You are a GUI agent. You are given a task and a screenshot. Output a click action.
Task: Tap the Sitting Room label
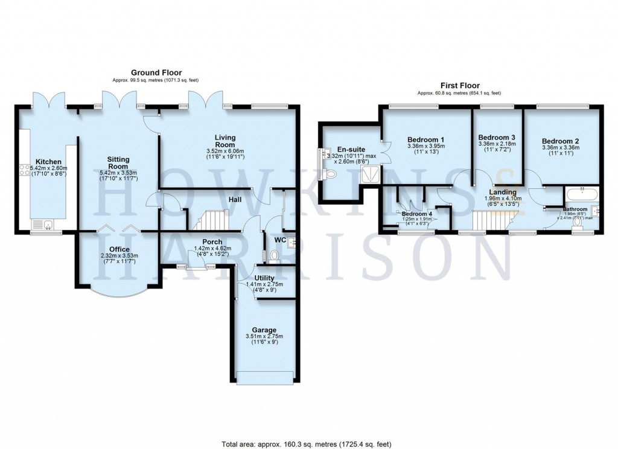(118, 162)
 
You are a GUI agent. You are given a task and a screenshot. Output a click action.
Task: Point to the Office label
(119, 249)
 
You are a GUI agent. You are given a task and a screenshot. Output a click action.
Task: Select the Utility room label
(264, 277)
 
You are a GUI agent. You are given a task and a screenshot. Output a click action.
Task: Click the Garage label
(264, 330)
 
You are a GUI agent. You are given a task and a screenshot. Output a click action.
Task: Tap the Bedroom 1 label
(425, 138)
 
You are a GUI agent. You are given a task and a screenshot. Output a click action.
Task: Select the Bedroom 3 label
(496, 138)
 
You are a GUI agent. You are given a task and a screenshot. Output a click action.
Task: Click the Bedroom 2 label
(562, 138)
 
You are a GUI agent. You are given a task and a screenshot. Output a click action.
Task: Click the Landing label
(503, 191)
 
